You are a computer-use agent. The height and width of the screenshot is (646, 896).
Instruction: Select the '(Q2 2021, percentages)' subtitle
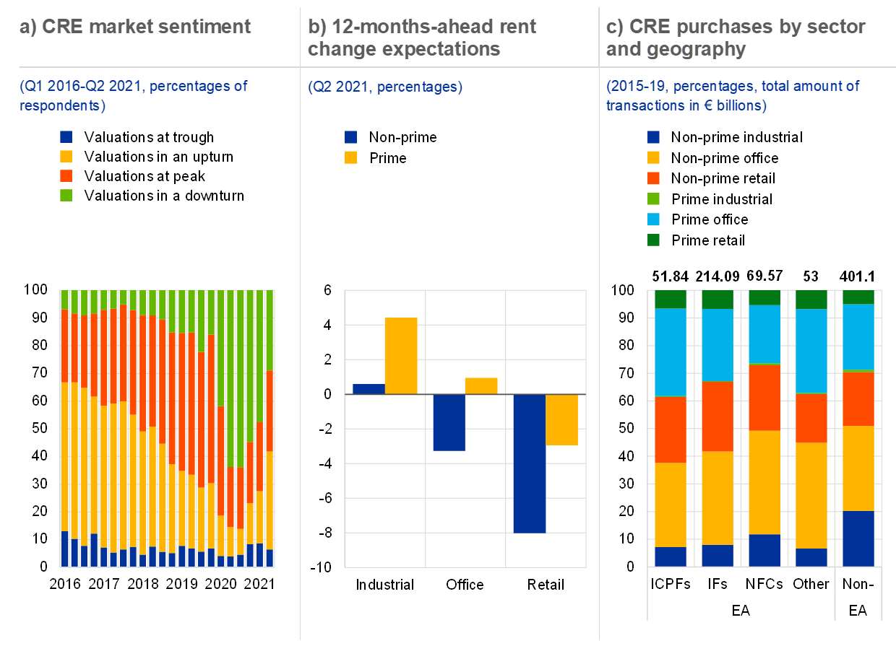point(385,87)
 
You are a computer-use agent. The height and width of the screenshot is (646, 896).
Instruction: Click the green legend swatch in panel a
point(66,195)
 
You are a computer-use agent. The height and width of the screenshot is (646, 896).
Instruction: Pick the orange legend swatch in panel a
point(66,175)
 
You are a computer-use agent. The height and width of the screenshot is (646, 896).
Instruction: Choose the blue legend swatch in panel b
point(351,137)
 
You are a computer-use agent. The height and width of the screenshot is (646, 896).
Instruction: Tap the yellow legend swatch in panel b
point(351,157)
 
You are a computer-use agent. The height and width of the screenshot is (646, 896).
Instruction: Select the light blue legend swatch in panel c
point(653,219)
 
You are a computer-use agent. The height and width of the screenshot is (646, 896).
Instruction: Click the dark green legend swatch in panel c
point(653,240)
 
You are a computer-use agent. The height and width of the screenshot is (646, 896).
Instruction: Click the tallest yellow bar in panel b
point(401,356)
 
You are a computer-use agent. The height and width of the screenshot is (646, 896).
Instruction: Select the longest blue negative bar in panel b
point(529,463)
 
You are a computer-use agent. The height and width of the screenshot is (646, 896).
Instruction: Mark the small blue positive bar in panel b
point(369,389)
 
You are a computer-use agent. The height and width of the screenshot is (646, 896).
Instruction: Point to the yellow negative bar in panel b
point(561,420)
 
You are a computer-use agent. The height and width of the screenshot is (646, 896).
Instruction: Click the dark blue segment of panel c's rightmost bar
point(858,538)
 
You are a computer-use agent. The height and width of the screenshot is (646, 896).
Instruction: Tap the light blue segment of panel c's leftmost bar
point(670,352)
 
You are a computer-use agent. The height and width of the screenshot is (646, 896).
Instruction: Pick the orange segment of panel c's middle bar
point(764,398)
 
